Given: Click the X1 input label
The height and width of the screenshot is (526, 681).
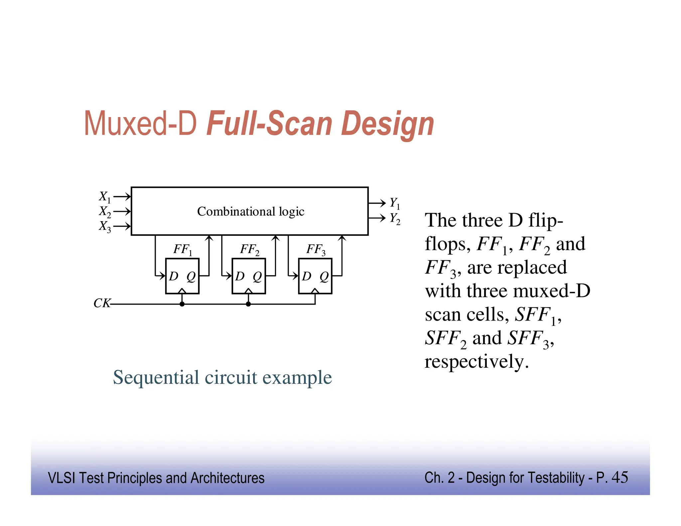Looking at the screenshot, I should (104, 197).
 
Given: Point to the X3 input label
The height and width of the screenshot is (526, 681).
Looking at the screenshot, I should (104, 226).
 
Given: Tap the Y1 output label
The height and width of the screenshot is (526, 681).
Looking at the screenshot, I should (395, 203).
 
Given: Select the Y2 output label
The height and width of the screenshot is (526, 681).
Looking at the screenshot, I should (395, 218).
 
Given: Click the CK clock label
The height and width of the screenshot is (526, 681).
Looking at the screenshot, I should (102, 303).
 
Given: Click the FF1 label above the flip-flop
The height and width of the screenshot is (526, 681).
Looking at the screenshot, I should (183, 249).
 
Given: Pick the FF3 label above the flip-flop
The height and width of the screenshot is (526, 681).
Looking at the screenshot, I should (316, 249).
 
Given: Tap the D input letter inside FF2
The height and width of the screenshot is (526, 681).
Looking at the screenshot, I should (240, 276).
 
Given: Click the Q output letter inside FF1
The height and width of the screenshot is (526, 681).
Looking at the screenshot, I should (191, 276).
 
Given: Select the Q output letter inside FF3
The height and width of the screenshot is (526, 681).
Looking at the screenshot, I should (324, 276).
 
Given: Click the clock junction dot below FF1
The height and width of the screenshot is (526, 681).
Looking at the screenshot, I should (182, 304).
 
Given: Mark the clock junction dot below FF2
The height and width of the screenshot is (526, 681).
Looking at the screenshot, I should (248, 304).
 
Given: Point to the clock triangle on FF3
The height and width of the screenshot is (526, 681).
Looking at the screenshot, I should (315, 291).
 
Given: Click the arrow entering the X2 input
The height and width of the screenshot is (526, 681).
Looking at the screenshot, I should (122, 211).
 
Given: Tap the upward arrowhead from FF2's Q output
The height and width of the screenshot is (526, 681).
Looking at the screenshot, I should (275, 238).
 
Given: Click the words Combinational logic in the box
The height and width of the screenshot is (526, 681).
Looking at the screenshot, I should (251, 211).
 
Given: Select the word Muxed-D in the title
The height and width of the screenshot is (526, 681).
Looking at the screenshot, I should (141, 124).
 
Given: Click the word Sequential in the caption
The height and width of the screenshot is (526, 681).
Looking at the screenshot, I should (156, 378).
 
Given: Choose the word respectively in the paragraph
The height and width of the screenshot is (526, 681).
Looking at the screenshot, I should (476, 361).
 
